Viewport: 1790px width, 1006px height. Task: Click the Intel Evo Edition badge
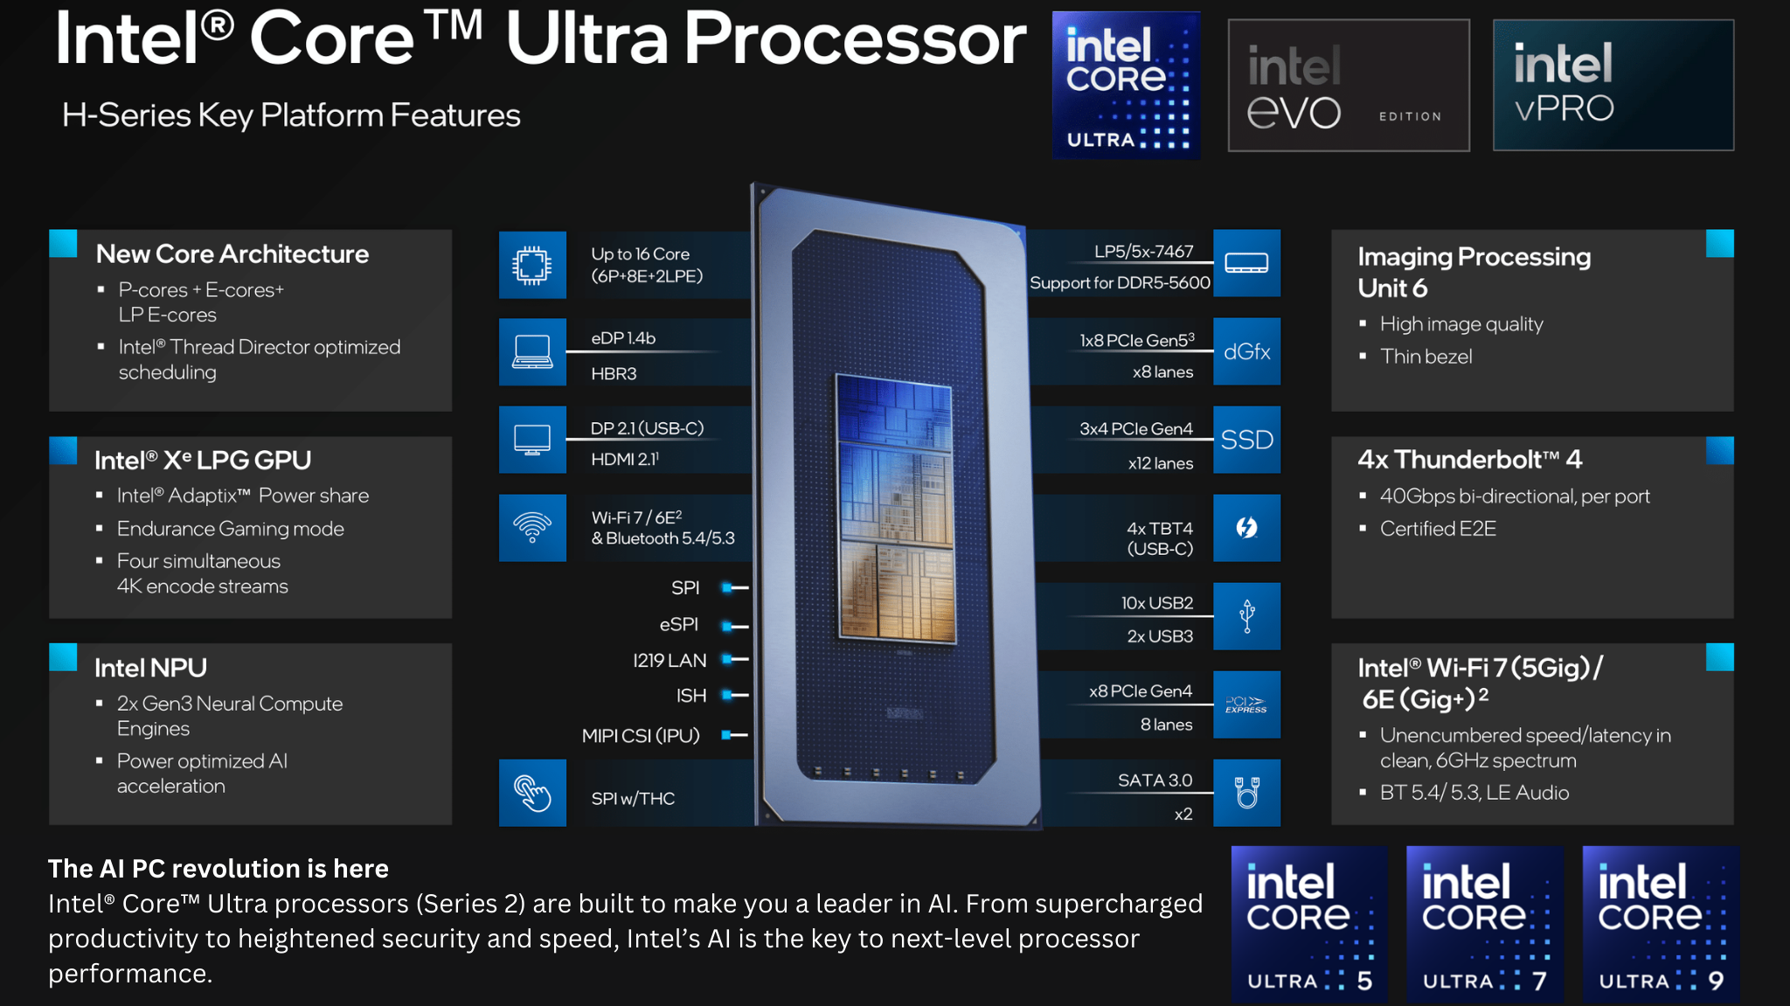1349,85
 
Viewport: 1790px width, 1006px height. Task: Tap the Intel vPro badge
1613,85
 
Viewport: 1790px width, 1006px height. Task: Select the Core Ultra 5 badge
1309,923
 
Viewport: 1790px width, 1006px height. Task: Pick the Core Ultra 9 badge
1661,923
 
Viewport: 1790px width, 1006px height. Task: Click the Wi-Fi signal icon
532,528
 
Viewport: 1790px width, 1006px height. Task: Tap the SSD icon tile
1247,440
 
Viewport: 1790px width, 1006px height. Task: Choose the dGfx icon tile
1247,351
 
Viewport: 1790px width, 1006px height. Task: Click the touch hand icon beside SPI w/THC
532,793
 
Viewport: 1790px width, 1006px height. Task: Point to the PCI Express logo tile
1247,704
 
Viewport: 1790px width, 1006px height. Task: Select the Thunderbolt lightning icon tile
1247,528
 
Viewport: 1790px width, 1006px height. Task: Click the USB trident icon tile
1247,616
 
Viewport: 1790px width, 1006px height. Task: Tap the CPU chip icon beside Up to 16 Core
532,265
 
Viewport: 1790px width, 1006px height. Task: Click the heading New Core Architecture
232,253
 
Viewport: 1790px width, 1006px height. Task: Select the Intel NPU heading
150,668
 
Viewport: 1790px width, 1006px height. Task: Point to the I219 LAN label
670,661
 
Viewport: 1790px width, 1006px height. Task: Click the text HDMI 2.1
625,459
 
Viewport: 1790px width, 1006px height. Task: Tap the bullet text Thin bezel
1426,357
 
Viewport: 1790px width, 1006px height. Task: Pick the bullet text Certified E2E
1438,529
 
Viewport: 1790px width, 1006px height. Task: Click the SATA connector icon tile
1247,793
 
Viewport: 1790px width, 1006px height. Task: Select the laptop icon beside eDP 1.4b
532,351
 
